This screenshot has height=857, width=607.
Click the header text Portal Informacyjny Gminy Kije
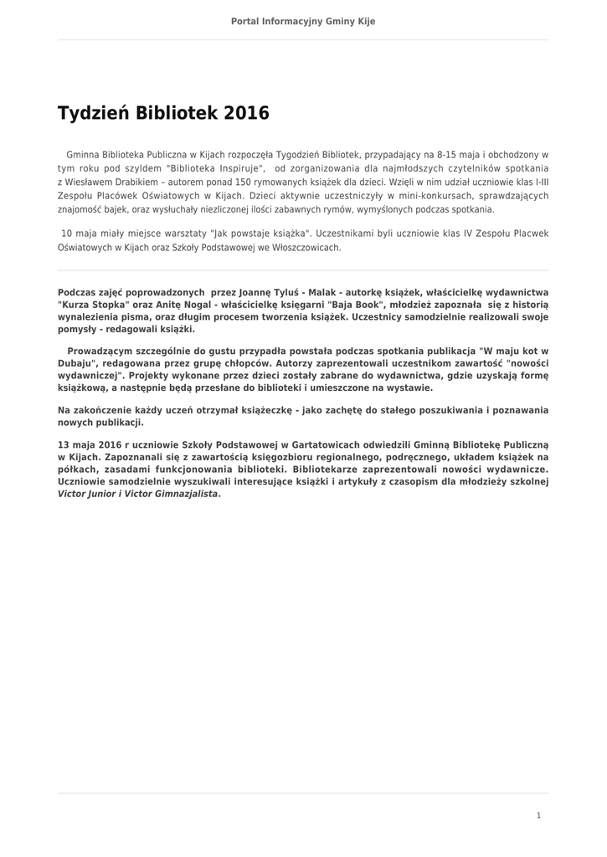click(303, 21)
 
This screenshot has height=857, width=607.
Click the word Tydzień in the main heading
click(91, 113)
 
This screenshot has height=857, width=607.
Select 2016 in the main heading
click(247, 113)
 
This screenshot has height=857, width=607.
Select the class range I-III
click(538, 181)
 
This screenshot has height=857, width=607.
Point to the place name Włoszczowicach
click(306, 248)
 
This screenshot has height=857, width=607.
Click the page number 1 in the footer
click(538, 815)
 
